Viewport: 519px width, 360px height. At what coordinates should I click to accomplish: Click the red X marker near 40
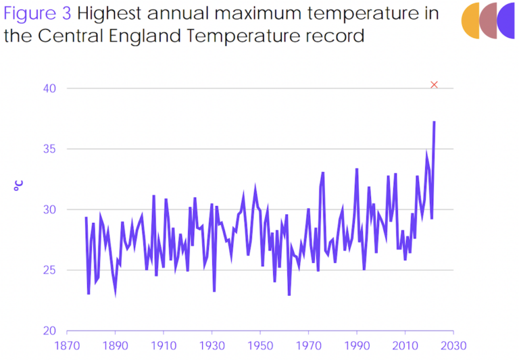[x=434, y=84]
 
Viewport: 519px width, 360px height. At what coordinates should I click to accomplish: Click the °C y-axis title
[x=20, y=184]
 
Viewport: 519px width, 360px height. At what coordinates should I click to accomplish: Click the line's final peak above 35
[x=434, y=122]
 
